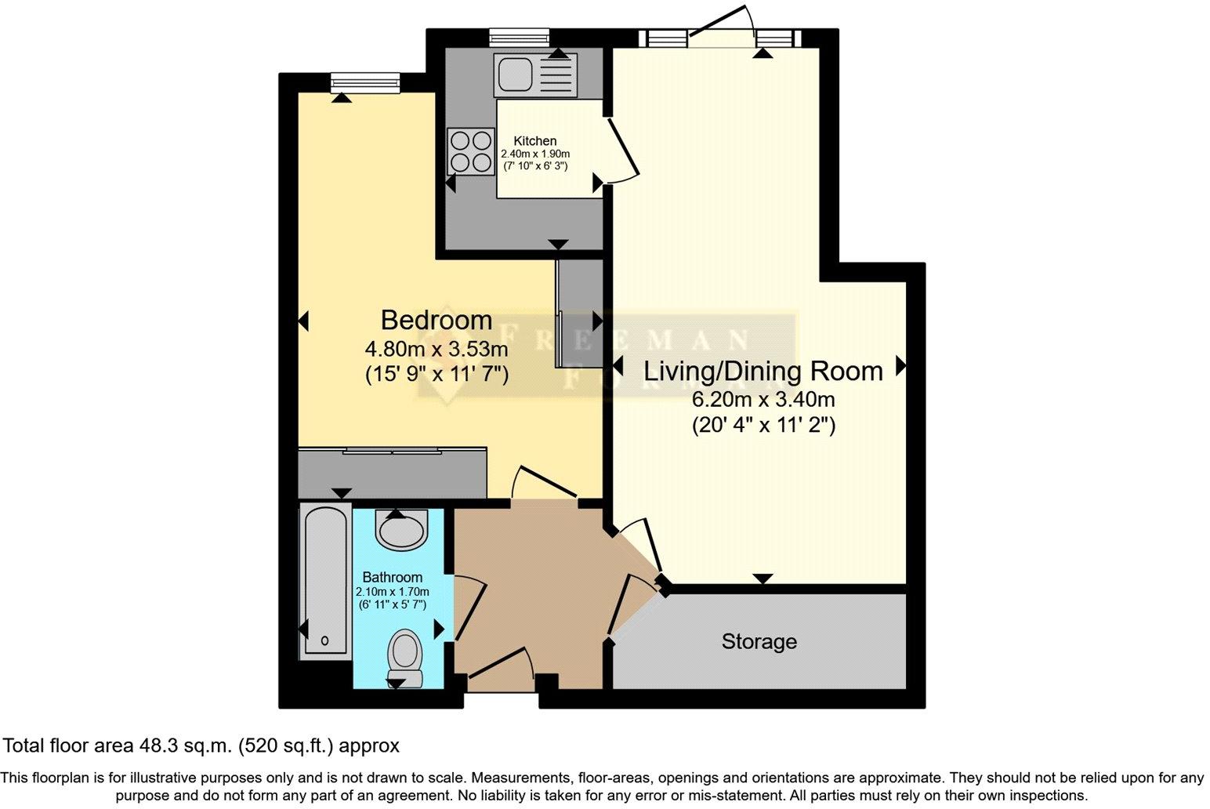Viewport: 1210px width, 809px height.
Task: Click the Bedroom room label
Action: (437, 320)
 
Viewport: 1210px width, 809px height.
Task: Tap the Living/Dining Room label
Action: (763, 371)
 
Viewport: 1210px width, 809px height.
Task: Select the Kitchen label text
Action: (535, 141)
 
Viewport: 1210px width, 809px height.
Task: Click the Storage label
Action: (759, 641)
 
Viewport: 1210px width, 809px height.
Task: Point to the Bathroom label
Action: (392, 577)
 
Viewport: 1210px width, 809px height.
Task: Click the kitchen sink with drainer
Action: (535, 73)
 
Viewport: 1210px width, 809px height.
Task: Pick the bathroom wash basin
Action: (402, 529)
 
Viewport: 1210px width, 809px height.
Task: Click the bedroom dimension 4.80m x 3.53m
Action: (437, 348)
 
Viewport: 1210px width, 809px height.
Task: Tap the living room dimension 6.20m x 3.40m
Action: (763, 400)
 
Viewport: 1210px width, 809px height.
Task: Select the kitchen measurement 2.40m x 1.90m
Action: (535, 154)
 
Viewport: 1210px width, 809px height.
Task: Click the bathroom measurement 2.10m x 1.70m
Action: (392, 592)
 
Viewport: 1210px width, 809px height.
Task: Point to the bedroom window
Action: (365, 81)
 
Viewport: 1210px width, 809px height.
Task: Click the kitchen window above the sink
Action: (518, 36)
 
